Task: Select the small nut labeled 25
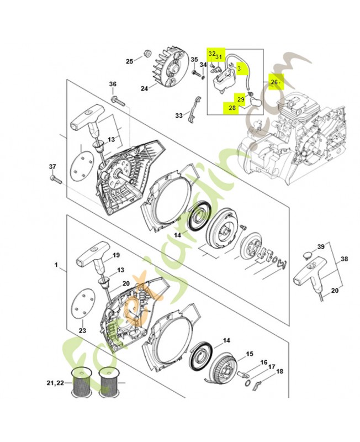148,54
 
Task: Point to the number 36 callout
113,85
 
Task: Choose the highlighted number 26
274,82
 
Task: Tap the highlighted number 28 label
232,108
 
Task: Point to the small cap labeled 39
306,255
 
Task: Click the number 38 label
344,258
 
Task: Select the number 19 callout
117,255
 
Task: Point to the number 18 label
279,371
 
